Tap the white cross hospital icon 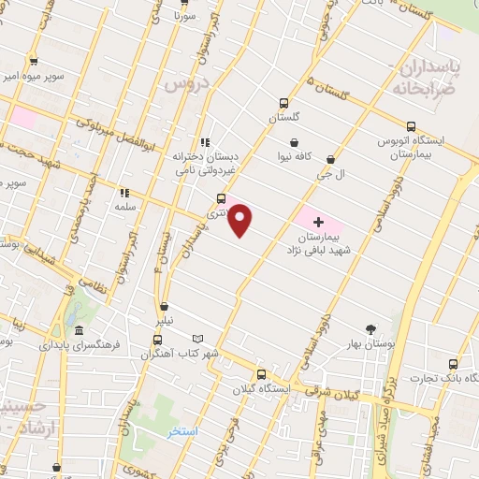pos(318,223)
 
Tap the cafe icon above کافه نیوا pos(296,142)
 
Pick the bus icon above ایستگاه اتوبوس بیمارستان pos(411,126)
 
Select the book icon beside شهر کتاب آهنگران pos(196,339)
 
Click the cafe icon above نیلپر pos(165,306)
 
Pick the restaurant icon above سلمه pos(123,193)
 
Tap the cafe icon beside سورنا pos(181,6)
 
